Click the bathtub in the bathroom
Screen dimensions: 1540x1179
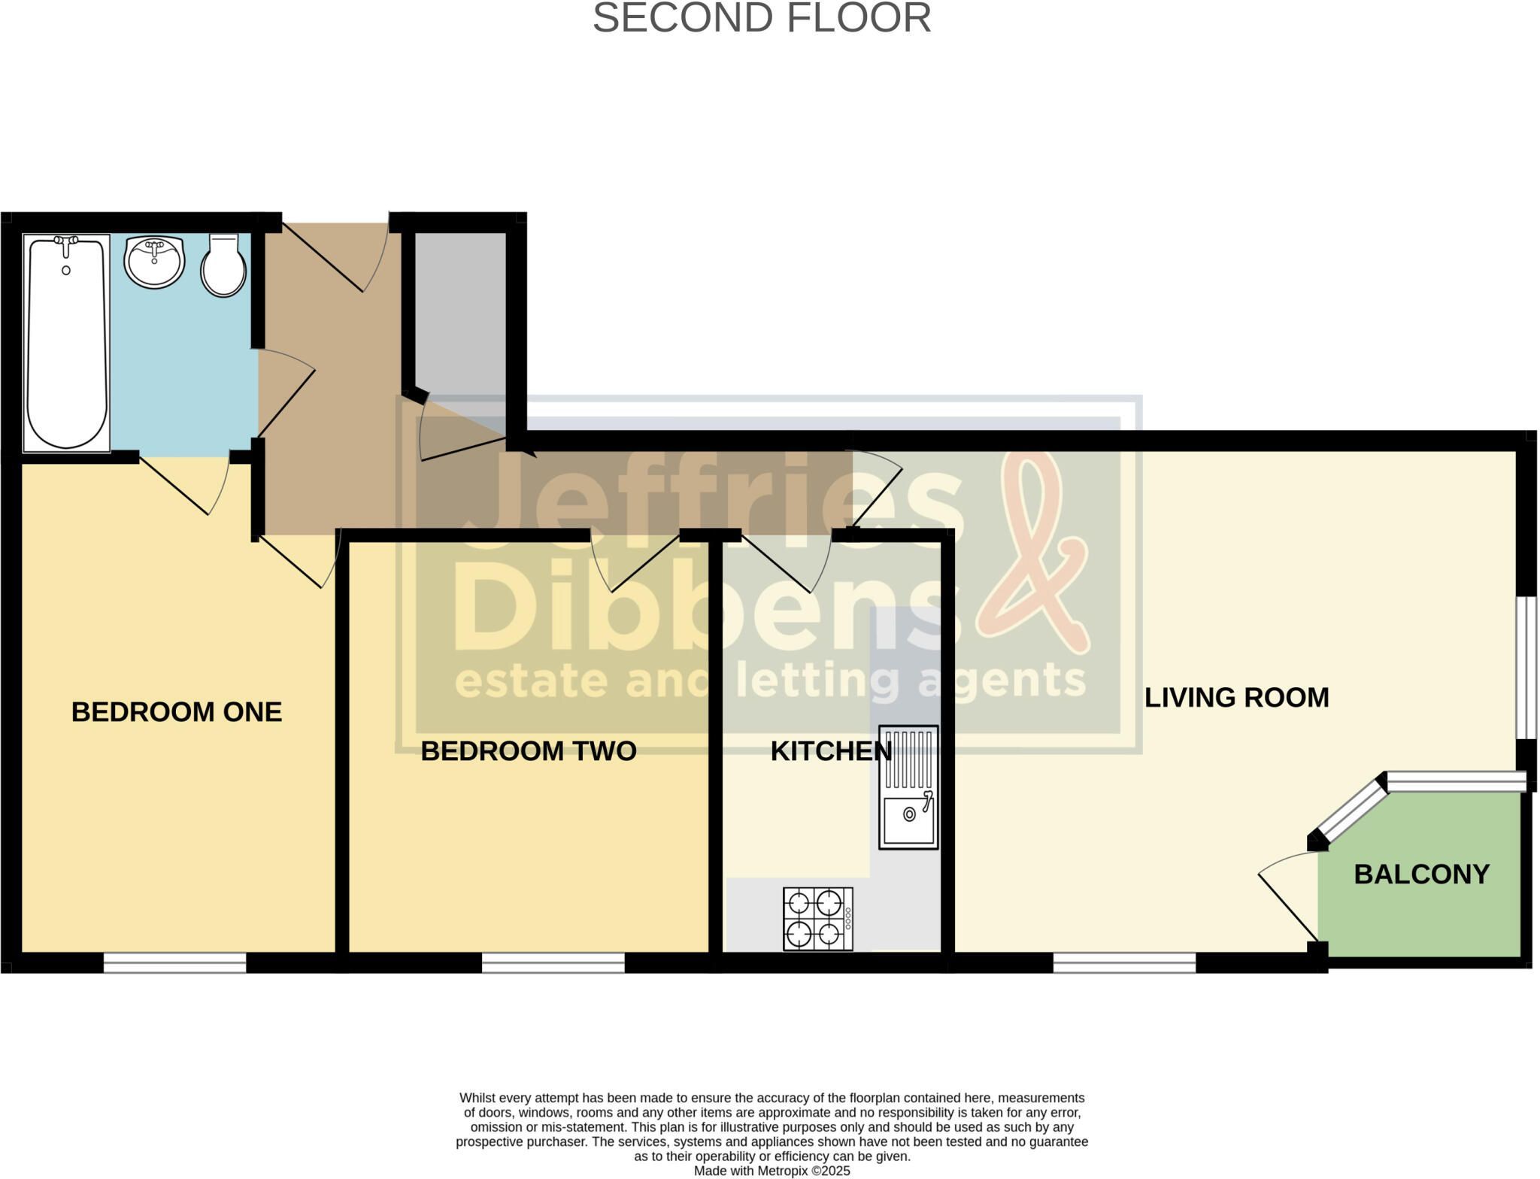tap(67, 343)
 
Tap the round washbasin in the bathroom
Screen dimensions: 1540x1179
tap(154, 261)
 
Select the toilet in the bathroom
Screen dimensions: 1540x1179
tap(223, 265)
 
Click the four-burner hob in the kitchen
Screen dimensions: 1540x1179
tap(818, 919)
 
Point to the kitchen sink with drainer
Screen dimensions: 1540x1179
tap(908, 787)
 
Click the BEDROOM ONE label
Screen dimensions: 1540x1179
tap(177, 712)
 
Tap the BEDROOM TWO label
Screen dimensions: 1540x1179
tap(529, 751)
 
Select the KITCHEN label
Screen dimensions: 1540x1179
tap(831, 751)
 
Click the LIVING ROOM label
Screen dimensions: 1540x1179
tap(1237, 698)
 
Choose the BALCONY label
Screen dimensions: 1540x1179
tap(1422, 874)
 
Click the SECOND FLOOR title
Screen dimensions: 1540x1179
tap(762, 18)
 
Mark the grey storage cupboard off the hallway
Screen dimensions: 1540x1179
tap(460, 331)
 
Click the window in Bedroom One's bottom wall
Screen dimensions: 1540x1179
tap(174, 962)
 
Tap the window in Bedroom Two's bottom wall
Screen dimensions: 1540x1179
tap(553, 962)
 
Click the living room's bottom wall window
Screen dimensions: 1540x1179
tap(1124, 962)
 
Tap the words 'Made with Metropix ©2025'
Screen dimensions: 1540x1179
tap(772, 1171)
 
